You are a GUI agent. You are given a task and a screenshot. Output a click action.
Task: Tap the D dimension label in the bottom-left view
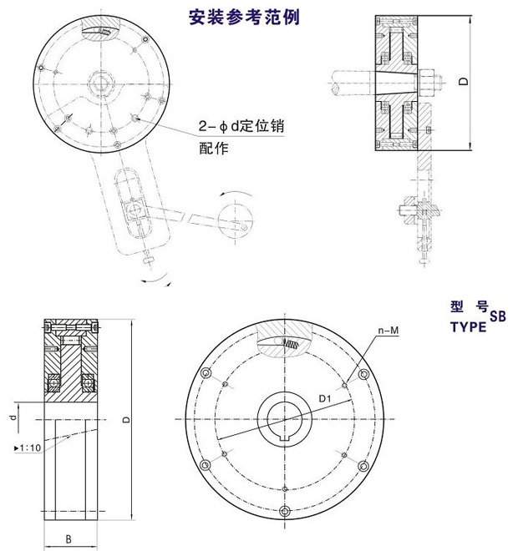point(125,422)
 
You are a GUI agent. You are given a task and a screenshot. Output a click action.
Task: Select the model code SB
point(497,317)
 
